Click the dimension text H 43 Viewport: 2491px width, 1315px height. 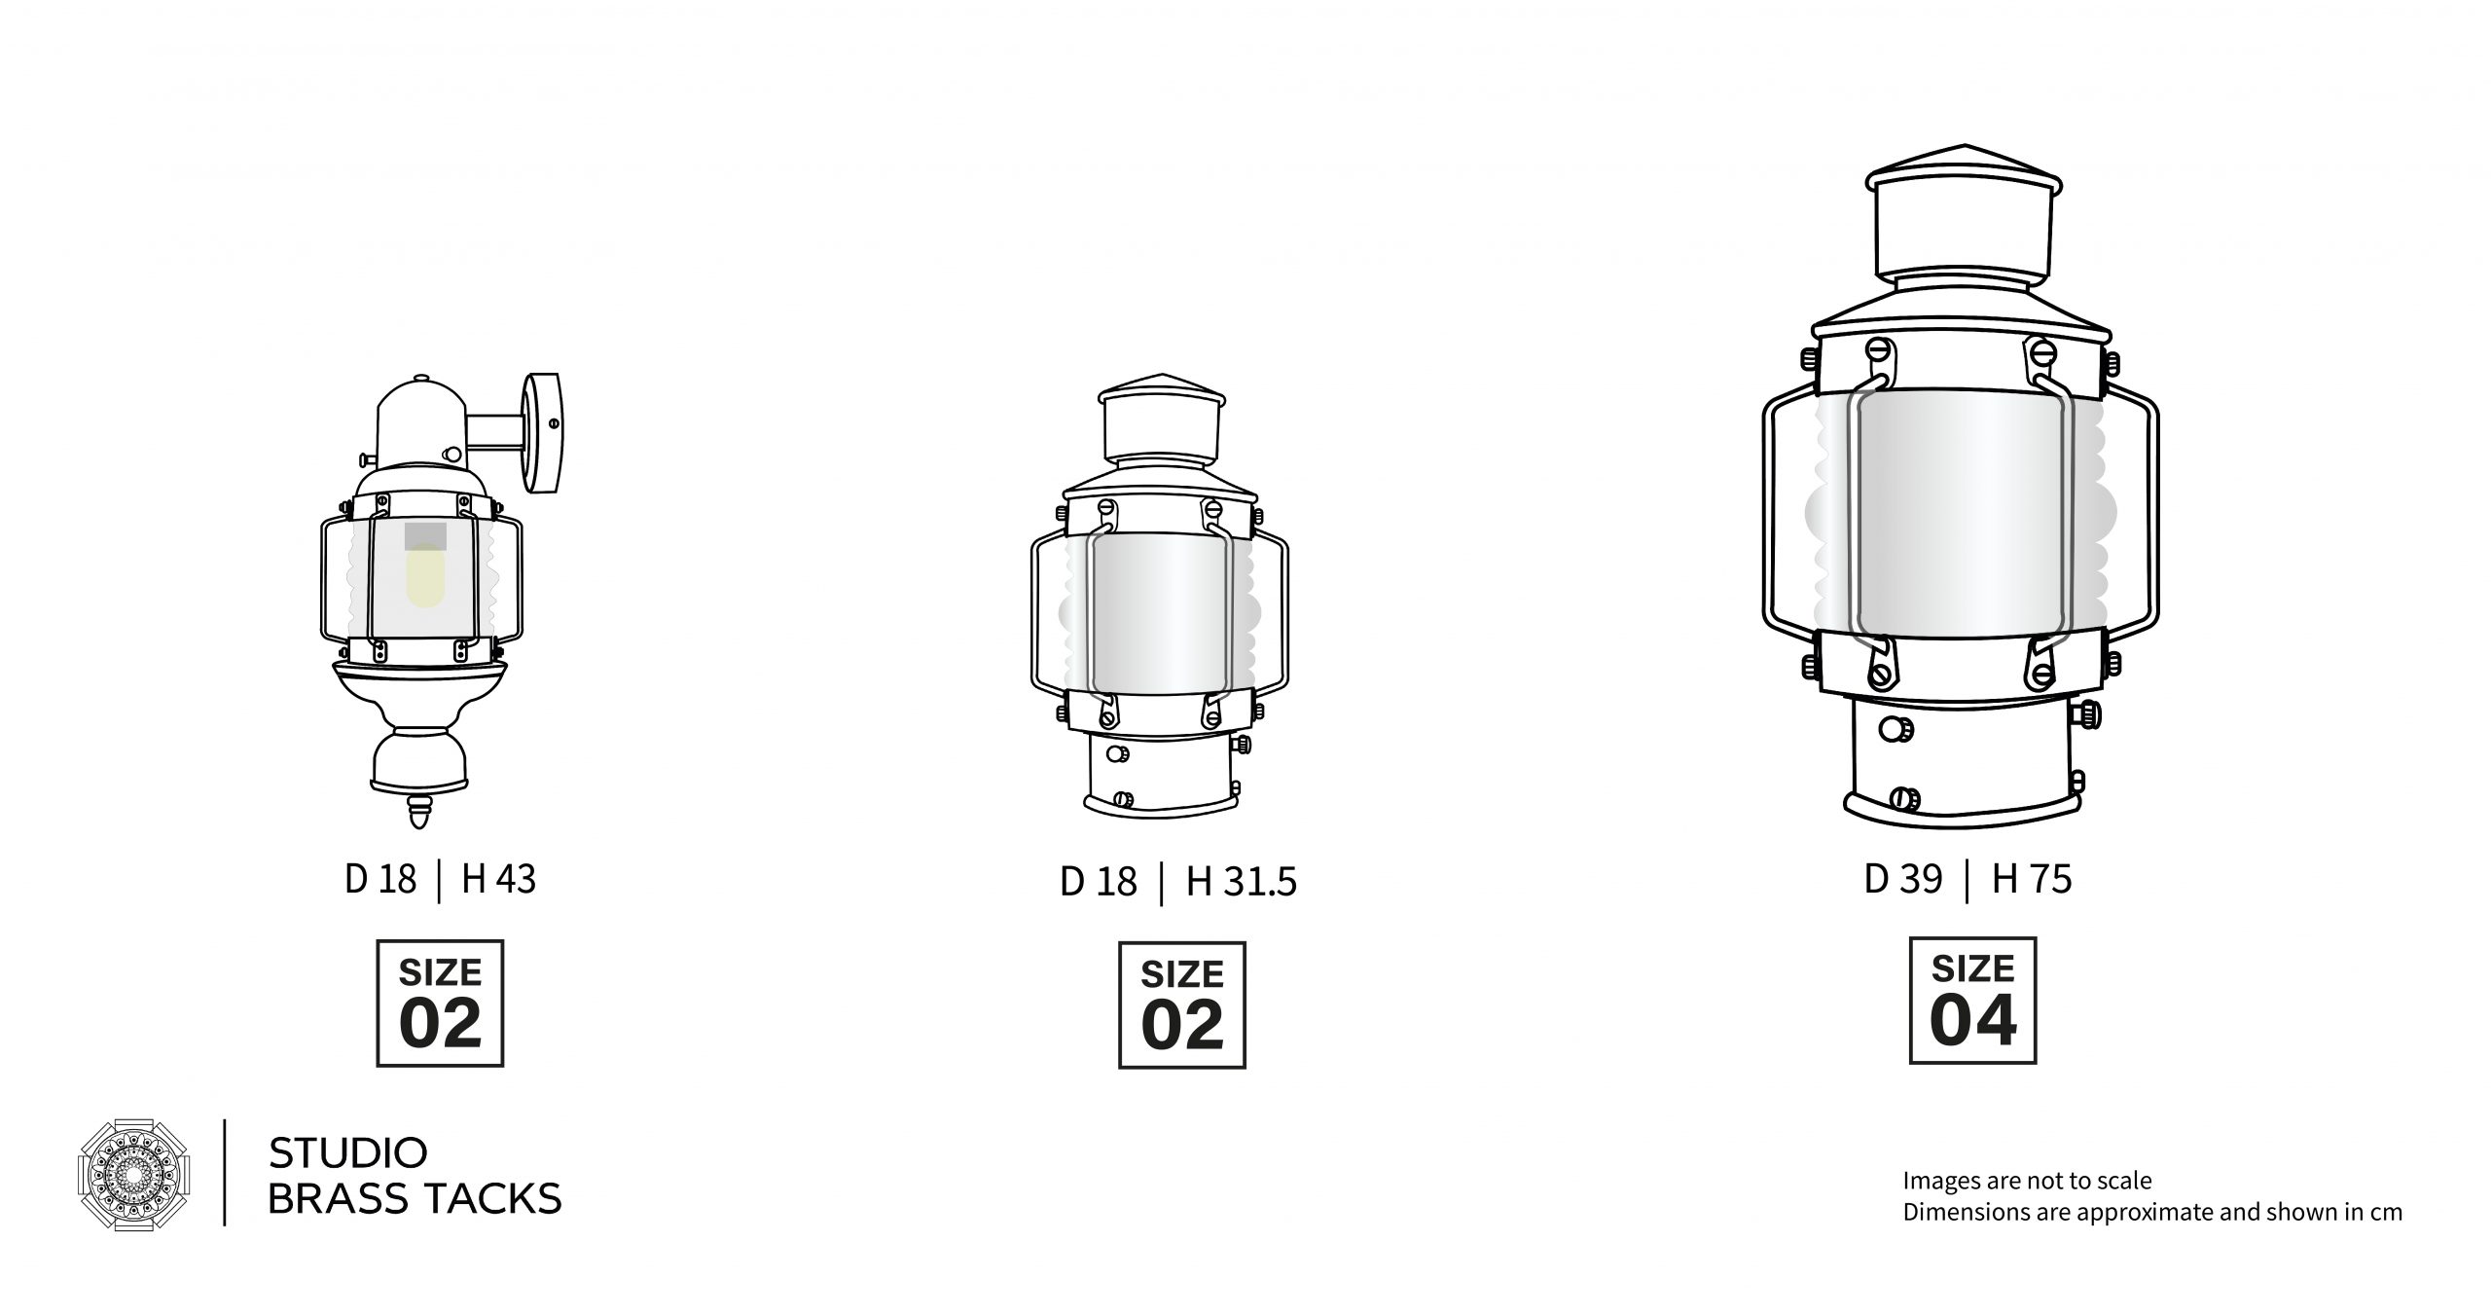[498, 879]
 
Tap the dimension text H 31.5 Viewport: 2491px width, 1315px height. [1241, 882]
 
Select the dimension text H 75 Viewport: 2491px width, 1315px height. [2032, 879]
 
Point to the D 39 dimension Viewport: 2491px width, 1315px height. [1903, 879]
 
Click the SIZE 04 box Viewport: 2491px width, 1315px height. [1972, 1001]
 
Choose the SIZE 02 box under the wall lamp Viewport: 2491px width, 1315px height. [440, 1004]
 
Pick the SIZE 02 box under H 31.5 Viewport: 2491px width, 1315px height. [1181, 1005]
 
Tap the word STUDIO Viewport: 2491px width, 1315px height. [347, 1153]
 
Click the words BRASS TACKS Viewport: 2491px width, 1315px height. [415, 1199]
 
